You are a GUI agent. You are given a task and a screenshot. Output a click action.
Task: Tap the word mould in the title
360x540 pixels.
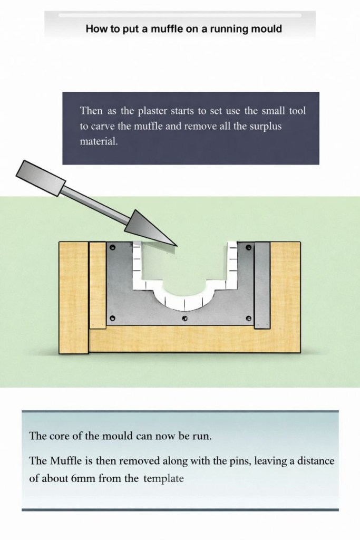[x=266, y=28]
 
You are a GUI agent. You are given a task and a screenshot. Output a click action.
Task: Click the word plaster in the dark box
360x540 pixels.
[x=152, y=111]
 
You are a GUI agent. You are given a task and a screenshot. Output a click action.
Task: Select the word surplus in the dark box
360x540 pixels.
[x=265, y=127]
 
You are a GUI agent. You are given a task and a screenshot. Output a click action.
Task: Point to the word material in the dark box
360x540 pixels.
[x=99, y=141]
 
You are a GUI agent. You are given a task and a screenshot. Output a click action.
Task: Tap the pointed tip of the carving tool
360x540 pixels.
[x=177, y=246]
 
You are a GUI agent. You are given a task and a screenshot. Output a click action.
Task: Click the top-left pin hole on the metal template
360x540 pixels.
[x=112, y=247]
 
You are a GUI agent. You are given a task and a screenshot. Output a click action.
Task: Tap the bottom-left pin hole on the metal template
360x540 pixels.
[x=112, y=318]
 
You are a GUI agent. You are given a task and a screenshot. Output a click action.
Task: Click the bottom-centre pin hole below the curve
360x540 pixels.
[x=184, y=318]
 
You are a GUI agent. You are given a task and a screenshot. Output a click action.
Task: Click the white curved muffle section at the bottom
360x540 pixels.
[x=185, y=303]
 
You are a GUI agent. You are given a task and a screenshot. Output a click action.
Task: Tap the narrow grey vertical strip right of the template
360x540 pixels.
[x=262, y=285]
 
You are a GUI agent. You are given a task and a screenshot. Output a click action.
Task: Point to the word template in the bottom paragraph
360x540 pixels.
[x=163, y=479]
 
